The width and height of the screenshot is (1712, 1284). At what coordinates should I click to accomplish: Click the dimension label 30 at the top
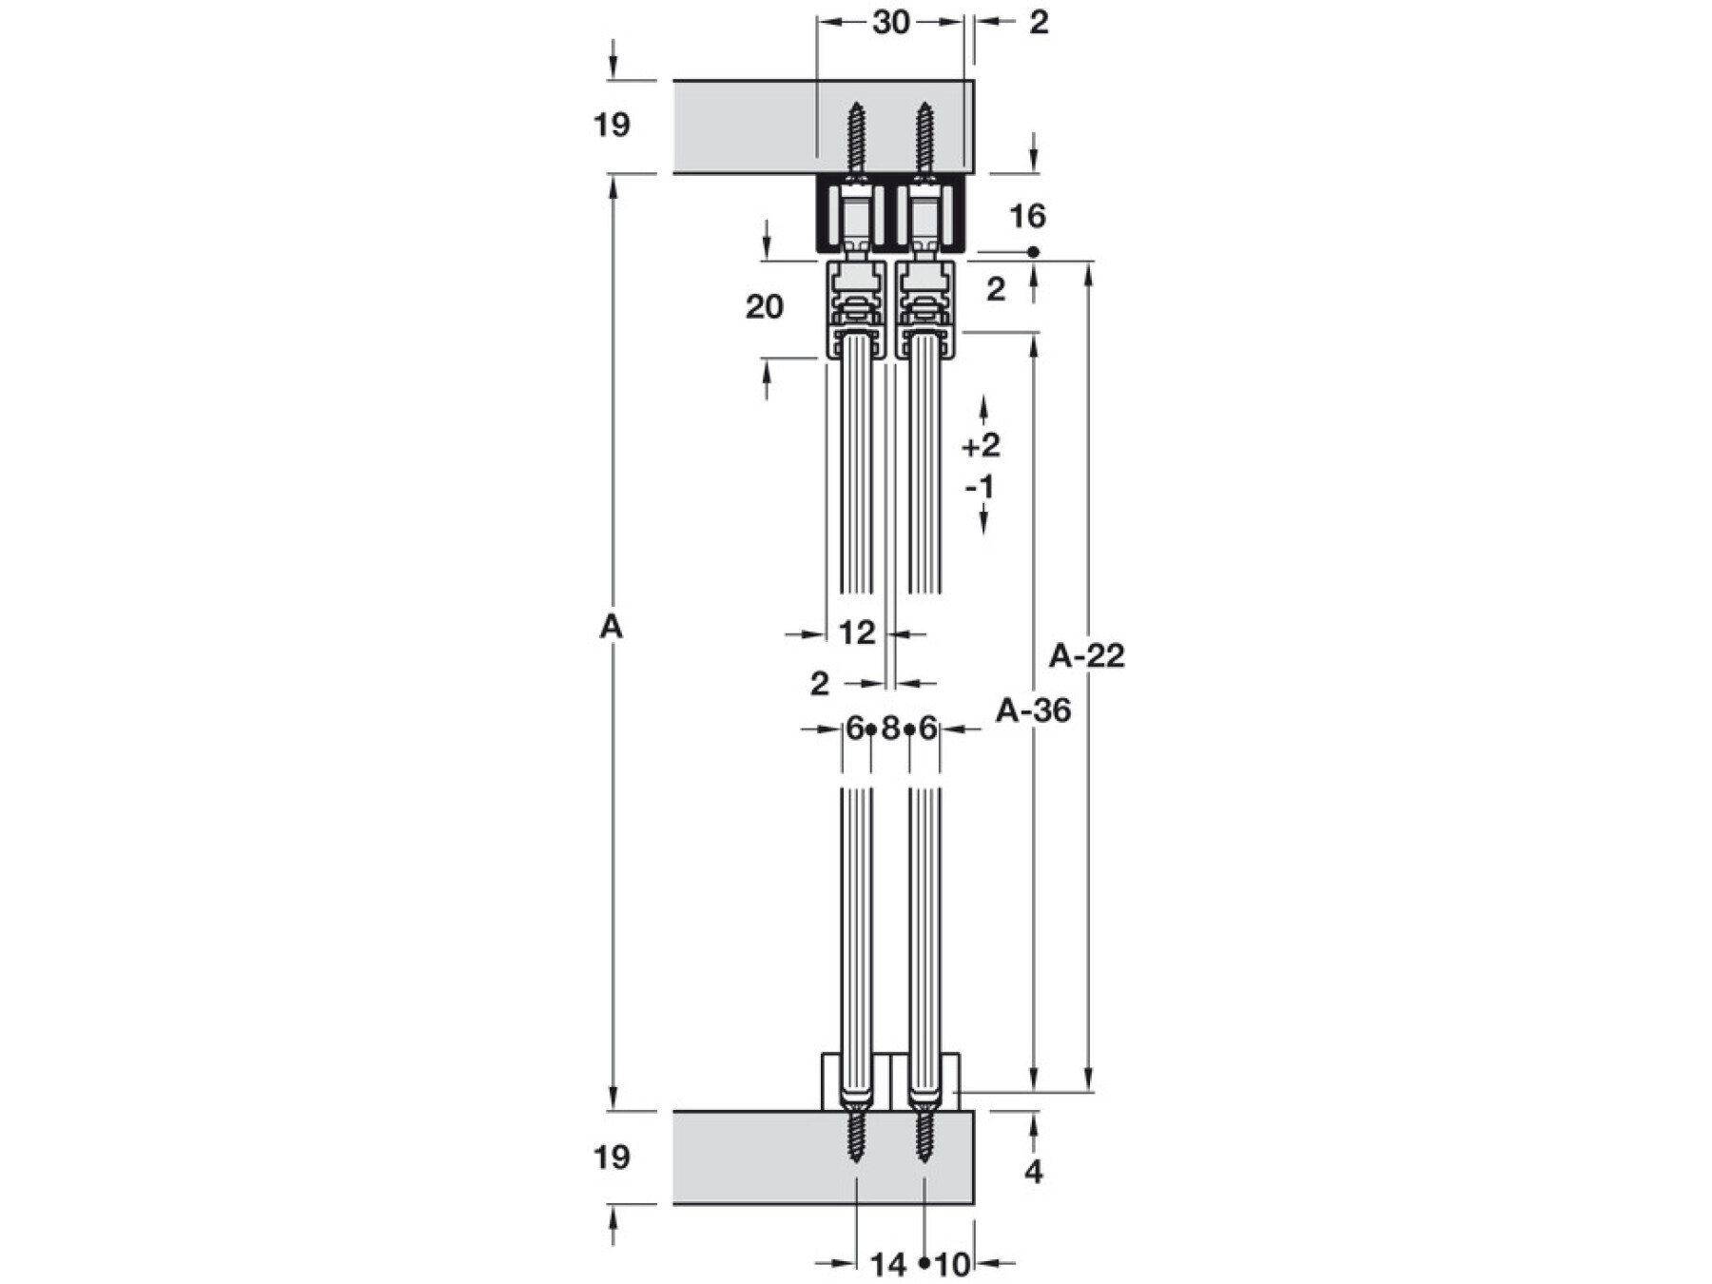891,22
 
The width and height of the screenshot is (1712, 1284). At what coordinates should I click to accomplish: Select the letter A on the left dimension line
612,627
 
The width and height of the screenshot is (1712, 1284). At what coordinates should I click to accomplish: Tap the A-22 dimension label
1086,655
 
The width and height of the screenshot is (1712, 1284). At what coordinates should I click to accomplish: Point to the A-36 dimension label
1033,710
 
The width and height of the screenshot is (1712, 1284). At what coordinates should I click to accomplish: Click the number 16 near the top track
1027,217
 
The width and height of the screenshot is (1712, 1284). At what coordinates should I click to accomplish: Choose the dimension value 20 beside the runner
764,306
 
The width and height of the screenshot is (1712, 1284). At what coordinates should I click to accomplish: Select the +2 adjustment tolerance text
981,445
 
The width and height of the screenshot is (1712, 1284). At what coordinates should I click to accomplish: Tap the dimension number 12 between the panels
857,632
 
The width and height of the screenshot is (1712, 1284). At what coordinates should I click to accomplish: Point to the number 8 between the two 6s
890,730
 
